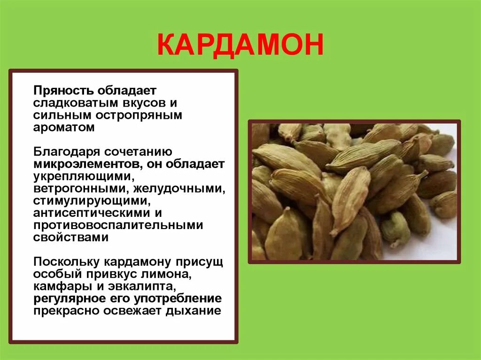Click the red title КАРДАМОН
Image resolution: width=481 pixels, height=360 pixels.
(x=240, y=46)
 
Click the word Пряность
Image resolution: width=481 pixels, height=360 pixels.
(x=63, y=90)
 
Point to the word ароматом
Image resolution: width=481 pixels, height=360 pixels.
(x=64, y=128)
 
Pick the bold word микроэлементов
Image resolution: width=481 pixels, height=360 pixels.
(x=88, y=164)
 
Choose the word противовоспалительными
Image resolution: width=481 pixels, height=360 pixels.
(x=118, y=225)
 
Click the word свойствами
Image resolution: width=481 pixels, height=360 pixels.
(x=70, y=237)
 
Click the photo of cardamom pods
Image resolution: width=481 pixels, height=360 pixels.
(x=354, y=191)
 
